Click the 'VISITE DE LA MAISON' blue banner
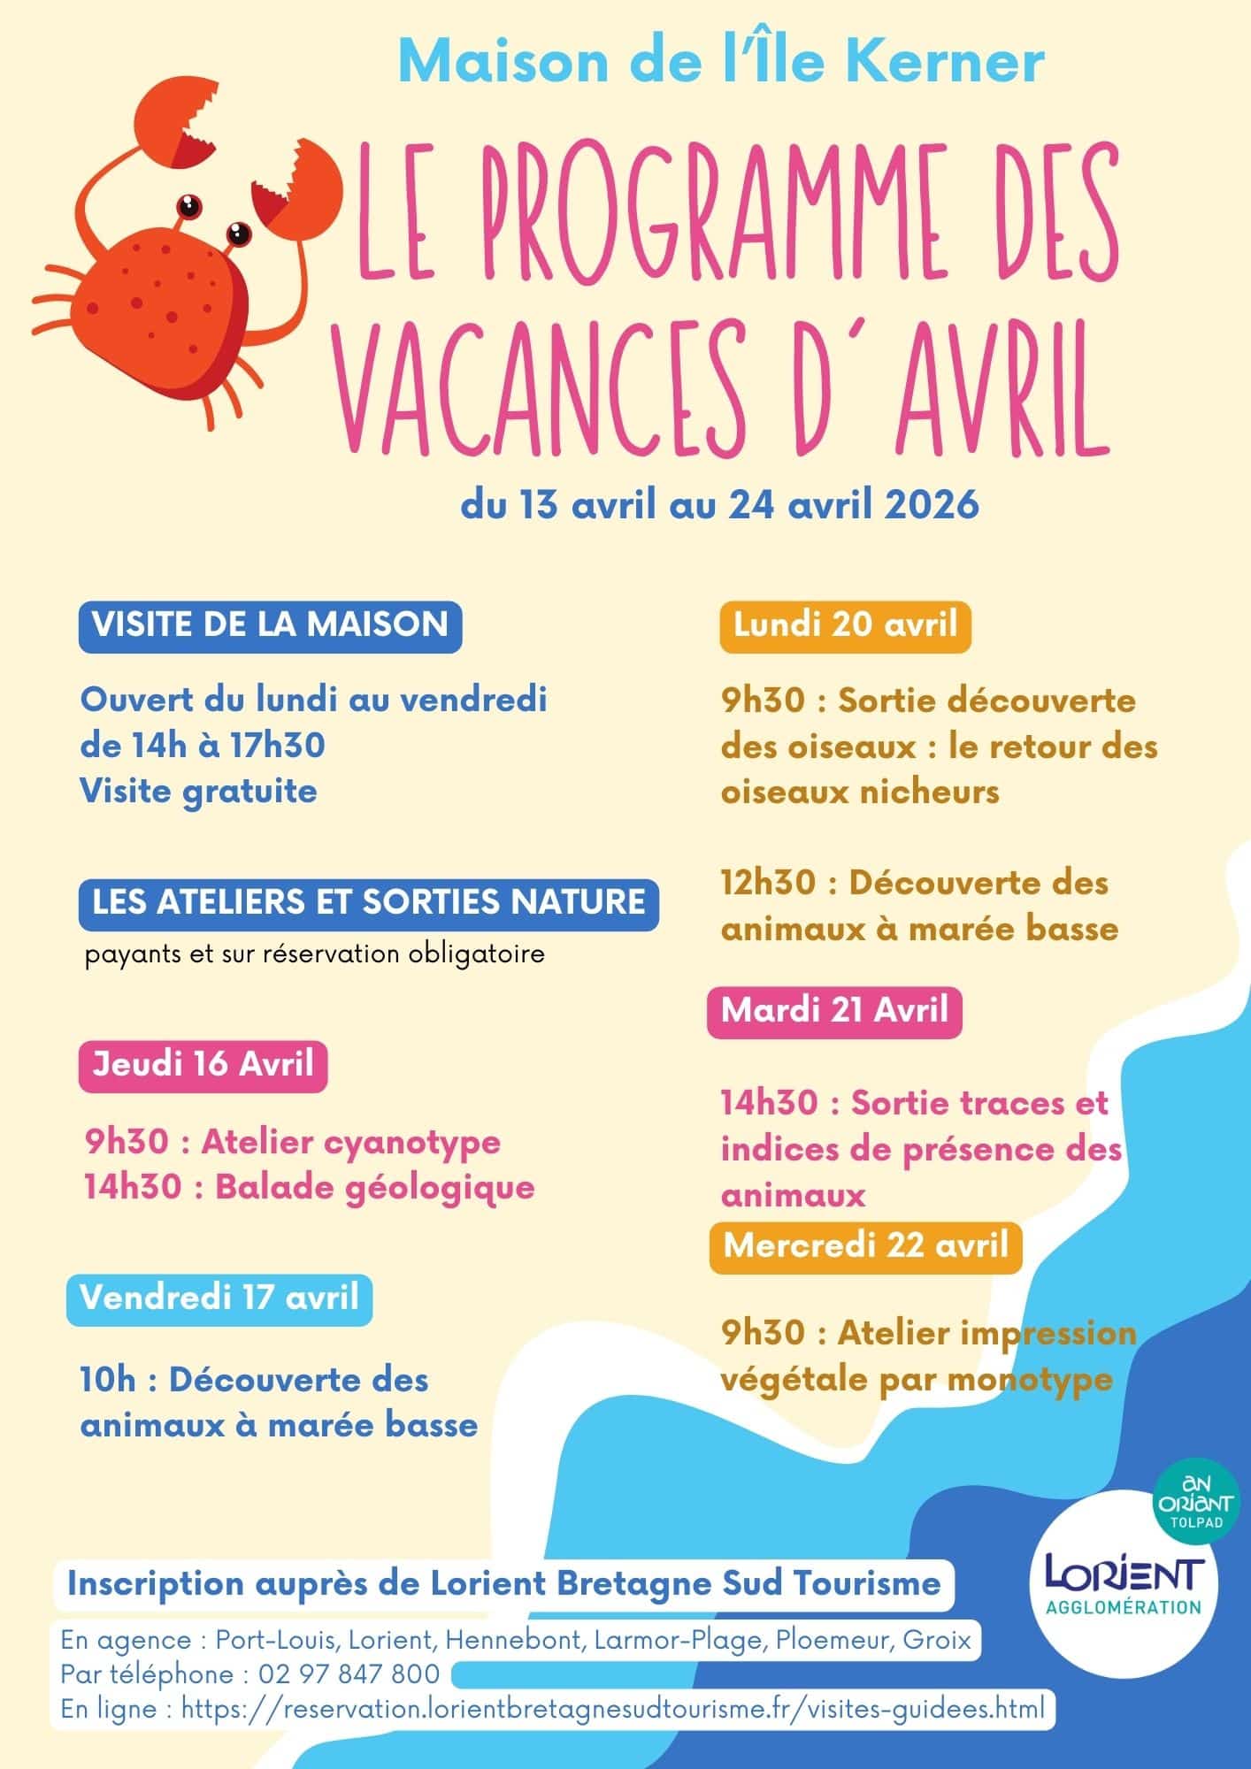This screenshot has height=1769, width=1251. pos(270,625)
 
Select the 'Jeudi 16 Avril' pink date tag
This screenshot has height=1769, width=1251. pos(203,1064)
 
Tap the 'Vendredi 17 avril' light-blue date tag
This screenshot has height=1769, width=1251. pos(219,1298)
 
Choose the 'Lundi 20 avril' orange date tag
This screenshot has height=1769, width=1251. pos(845,625)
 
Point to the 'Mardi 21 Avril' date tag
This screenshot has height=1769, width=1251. pos(834,1010)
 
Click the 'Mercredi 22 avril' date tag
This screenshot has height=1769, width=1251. pos(865,1245)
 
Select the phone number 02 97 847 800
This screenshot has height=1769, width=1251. pos(349,1674)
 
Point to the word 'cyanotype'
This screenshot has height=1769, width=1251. pos(411,1142)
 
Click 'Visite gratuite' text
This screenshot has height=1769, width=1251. pos(198,791)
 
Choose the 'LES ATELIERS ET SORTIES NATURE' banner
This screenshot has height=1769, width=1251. pos(368,902)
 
